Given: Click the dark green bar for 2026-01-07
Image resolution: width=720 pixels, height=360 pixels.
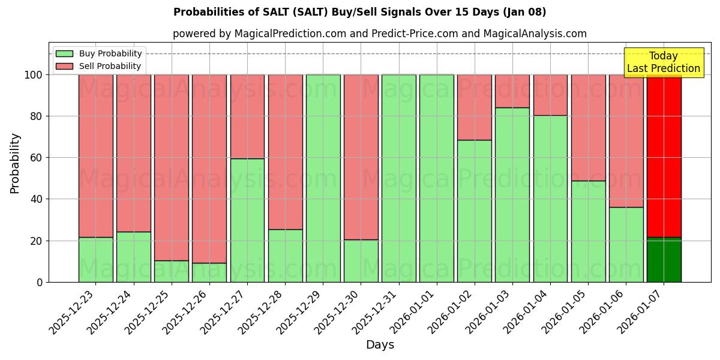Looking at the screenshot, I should click(x=664, y=260).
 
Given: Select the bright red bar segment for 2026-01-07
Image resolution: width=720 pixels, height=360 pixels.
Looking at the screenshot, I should click(x=664, y=155).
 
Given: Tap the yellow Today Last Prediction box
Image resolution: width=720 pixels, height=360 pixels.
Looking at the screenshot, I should click(x=663, y=62).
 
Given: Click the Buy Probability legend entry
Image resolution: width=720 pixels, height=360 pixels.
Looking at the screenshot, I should click(x=110, y=53).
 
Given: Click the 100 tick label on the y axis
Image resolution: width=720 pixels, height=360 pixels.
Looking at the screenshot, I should click(x=33, y=75).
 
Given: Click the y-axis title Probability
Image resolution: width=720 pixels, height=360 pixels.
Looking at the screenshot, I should click(x=15, y=163).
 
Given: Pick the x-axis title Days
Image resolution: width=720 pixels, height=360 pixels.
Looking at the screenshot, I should click(x=380, y=345).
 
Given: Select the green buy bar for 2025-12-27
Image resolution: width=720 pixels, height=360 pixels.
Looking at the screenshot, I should click(x=247, y=220).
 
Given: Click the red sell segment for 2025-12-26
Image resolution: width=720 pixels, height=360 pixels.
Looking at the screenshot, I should click(x=209, y=169).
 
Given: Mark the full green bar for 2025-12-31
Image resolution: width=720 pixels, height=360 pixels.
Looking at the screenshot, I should click(x=398, y=178).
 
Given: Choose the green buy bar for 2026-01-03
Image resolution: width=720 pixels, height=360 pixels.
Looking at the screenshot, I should click(x=512, y=194).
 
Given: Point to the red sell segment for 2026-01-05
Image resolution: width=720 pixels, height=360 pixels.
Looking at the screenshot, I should click(x=588, y=127).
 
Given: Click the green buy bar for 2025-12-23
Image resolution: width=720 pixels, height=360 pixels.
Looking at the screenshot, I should click(x=95, y=259).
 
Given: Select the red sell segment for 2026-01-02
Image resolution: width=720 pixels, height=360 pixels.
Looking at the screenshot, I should click(x=474, y=107).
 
